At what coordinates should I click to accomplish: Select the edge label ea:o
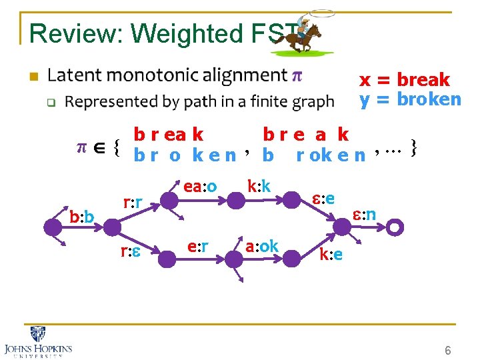pyautogui.click(x=201, y=187)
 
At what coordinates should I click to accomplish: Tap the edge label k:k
pyautogui.click(x=259, y=186)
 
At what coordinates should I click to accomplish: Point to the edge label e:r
pyautogui.click(x=198, y=247)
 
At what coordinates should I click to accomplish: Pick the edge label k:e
pyautogui.click(x=331, y=255)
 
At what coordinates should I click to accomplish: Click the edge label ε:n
pyautogui.click(x=364, y=214)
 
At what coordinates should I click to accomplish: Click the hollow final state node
pyautogui.click(x=395, y=227)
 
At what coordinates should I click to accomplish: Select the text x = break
pyautogui.click(x=405, y=80)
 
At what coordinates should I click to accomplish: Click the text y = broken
pyautogui.click(x=410, y=99)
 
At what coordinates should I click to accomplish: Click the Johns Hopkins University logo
pyautogui.click(x=38, y=343)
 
